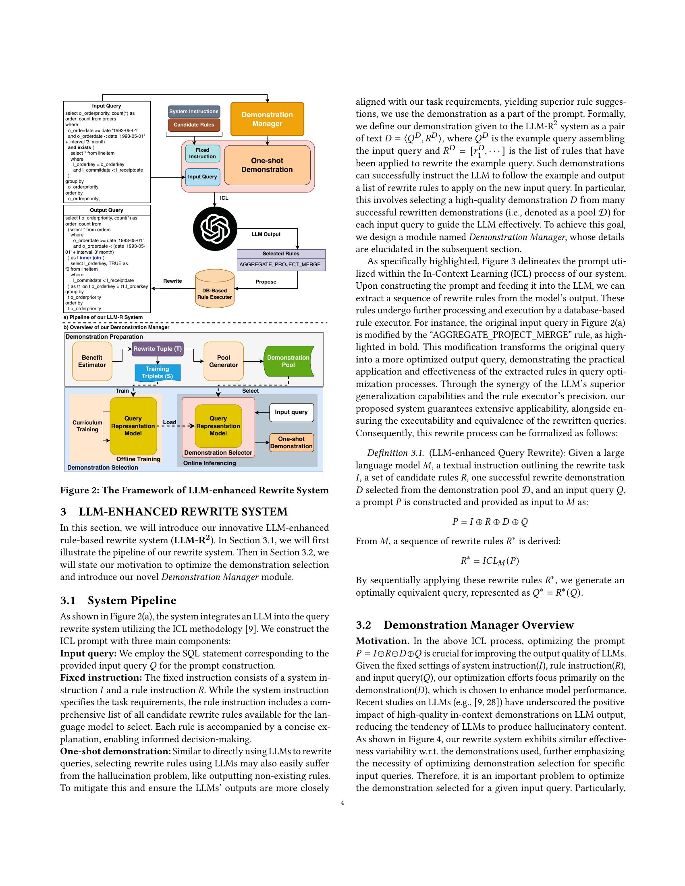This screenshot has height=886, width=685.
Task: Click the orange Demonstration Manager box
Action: click(x=267, y=119)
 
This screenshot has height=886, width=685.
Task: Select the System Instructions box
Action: click(x=193, y=112)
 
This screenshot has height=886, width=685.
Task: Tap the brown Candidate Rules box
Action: click(x=193, y=125)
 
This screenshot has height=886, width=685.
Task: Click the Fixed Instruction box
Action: click(x=203, y=153)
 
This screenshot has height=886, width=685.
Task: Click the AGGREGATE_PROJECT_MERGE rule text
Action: click(x=280, y=265)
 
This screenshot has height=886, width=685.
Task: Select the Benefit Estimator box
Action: click(x=92, y=361)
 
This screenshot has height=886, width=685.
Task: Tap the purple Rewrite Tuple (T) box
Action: click(x=158, y=349)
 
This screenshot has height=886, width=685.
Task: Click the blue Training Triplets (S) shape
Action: click(x=157, y=373)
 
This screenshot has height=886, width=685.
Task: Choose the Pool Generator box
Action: click(x=223, y=361)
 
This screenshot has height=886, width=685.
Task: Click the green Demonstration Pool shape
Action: click(x=288, y=361)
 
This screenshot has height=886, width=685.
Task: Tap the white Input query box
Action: click(x=291, y=412)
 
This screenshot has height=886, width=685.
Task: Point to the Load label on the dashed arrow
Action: click(x=169, y=422)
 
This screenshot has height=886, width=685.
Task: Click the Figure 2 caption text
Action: click(x=194, y=491)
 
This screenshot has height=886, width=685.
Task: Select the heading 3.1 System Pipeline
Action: click(x=118, y=600)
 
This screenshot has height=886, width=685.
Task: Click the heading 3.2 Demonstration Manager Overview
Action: click(x=465, y=625)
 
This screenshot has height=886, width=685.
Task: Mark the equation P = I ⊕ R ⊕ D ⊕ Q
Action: click(x=490, y=522)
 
